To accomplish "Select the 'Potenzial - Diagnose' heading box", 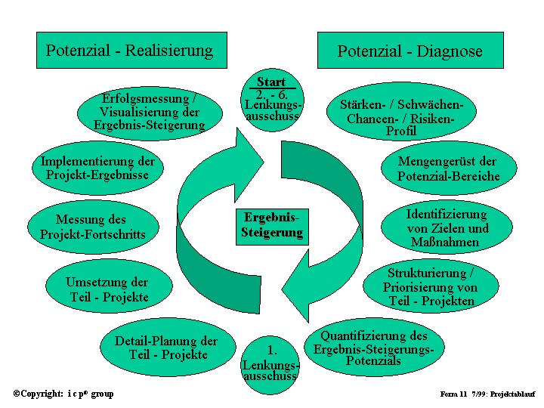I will (410, 51).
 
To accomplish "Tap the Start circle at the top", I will (272, 100).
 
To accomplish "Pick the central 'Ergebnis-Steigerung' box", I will (272, 225).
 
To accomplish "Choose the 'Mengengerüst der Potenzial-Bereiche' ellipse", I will (448, 168).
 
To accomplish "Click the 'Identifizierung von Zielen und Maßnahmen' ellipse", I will (447, 227).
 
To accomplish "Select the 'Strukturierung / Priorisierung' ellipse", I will (430, 286).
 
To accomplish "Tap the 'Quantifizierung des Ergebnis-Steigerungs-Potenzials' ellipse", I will (374, 348).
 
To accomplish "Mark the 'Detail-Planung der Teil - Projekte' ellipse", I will (166, 348).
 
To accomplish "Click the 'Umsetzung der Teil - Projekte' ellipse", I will (108, 290).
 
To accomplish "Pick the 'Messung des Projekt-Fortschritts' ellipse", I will (93, 227).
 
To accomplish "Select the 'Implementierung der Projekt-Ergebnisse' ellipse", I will (97, 168).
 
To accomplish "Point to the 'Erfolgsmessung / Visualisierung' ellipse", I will (150, 113).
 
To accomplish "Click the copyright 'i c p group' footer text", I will (63, 394).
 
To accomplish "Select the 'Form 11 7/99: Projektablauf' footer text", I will (487, 394).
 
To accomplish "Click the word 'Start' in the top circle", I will (271, 82).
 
